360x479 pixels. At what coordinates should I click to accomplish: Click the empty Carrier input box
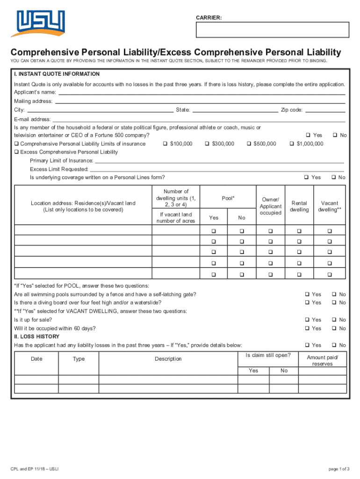tap(273, 29)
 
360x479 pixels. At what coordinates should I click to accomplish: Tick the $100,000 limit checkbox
tap(165, 144)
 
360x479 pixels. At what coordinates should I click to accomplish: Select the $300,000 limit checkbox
tap(207, 144)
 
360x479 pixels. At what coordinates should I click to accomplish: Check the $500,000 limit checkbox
tap(249, 144)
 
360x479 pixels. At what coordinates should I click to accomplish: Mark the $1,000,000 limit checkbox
tap(292, 144)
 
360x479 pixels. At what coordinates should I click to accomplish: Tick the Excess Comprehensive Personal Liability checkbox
tap(16, 152)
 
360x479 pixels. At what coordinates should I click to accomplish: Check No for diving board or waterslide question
tap(334, 303)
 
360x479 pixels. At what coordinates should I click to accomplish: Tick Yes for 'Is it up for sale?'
tap(307, 319)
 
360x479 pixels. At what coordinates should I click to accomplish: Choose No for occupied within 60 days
tap(334, 328)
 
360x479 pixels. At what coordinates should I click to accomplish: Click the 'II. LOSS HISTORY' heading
tap(37, 336)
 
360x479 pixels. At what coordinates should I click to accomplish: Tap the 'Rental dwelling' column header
tap(299, 206)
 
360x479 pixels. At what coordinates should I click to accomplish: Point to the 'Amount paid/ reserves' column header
tap(323, 361)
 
